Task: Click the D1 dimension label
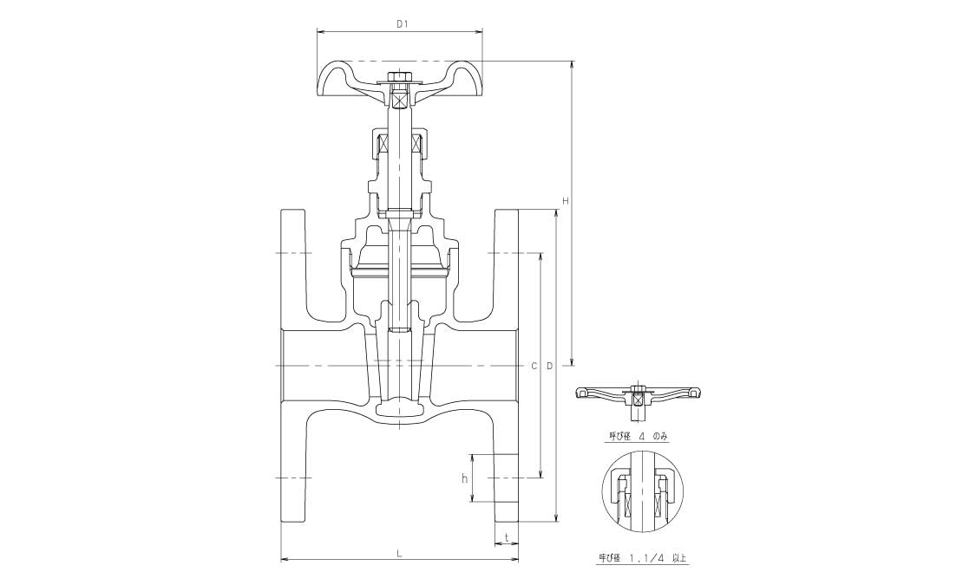(x=402, y=24)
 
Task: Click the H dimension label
(x=566, y=201)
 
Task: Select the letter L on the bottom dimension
(x=400, y=552)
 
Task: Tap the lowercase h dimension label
(x=464, y=478)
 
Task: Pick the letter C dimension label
(x=534, y=366)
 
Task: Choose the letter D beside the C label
(x=549, y=366)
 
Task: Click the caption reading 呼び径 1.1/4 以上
(x=642, y=557)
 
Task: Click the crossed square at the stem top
(x=398, y=98)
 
